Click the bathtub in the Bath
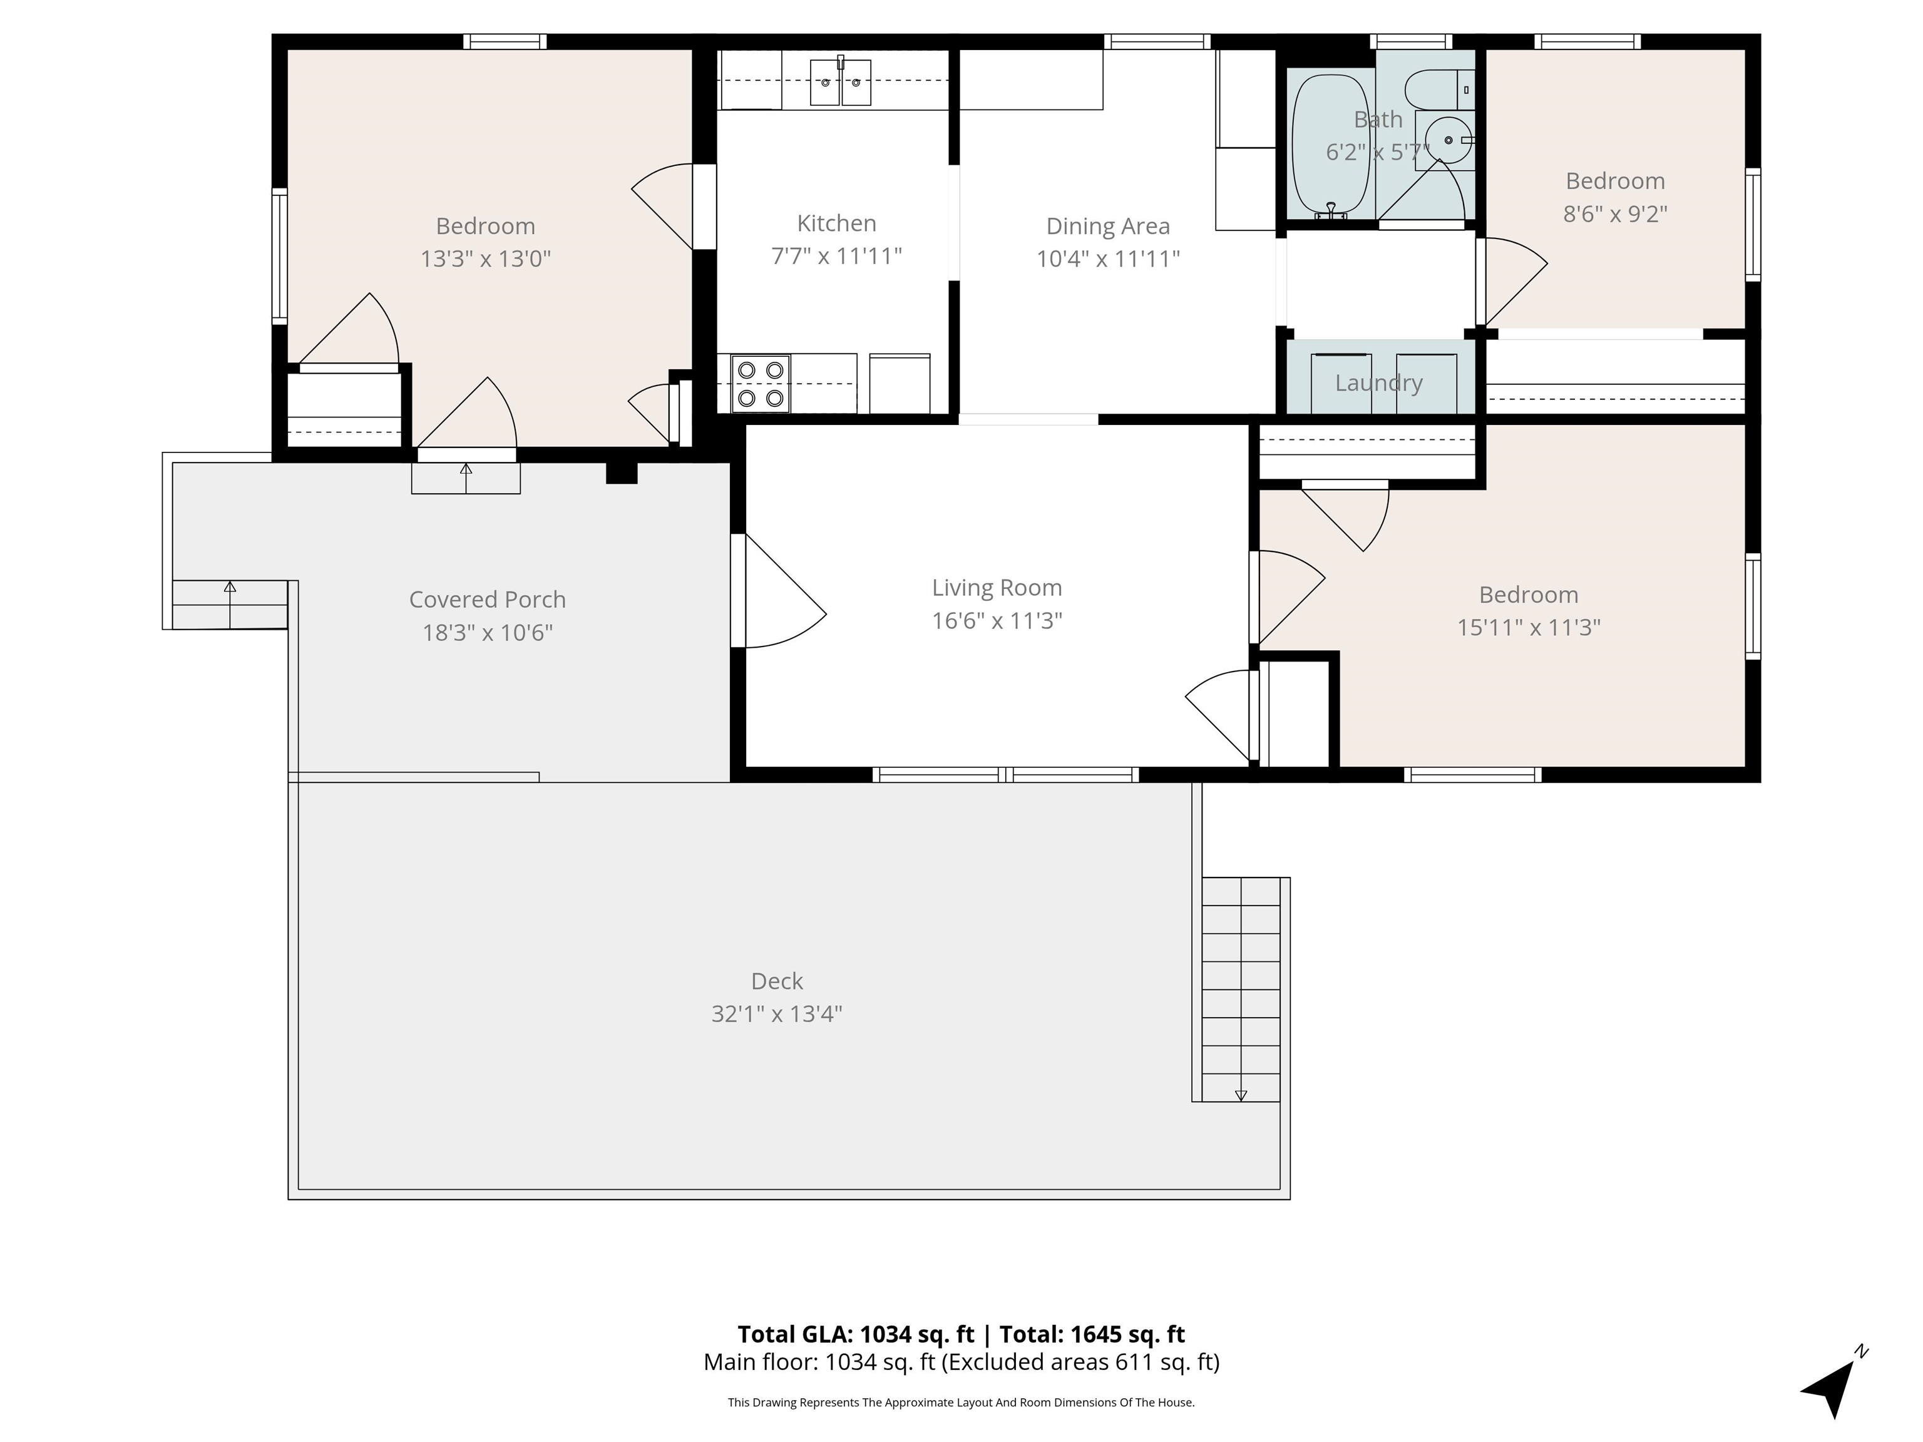1330,145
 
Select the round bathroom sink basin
1447,139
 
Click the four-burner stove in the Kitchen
761,383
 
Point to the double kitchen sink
841,82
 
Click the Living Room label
997,588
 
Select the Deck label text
777,981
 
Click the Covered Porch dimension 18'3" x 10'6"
488,633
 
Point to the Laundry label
1379,383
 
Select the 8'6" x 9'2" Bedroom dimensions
1615,214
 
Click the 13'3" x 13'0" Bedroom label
485,226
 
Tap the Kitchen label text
836,223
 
